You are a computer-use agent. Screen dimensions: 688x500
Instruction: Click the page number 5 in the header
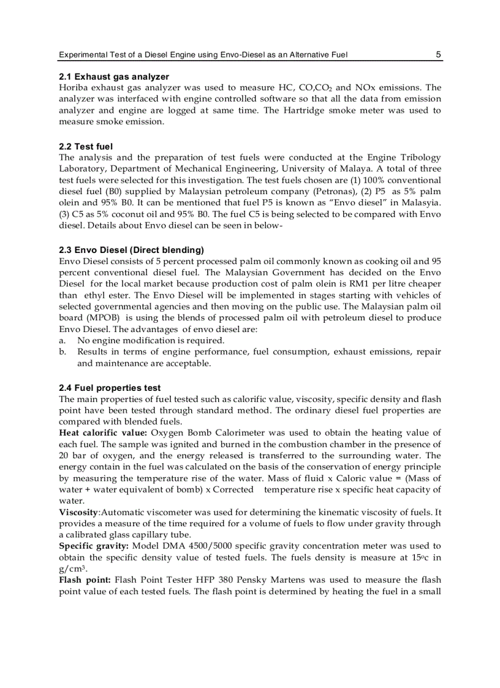point(438,55)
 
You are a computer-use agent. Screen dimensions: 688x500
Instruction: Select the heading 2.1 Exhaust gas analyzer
point(113,77)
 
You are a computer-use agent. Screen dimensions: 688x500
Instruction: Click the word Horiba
point(74,88)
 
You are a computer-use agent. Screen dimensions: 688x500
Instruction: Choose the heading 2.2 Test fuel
point(86,146)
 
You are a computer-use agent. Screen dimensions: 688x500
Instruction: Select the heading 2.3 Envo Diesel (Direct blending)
point(131,250)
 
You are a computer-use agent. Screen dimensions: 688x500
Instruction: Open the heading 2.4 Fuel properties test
point(110,388)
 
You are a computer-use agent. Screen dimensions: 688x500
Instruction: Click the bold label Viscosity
point(78,512)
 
